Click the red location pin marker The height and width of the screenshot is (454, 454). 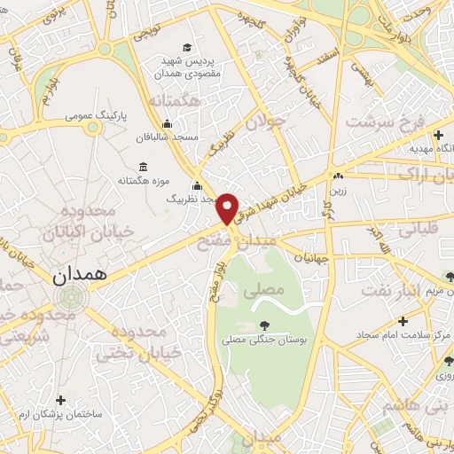(x=229, y=207)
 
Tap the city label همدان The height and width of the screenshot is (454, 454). (x=79, y=276)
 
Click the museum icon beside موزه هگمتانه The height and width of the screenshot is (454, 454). (x=144, y=167)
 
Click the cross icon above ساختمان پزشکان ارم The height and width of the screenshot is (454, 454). (x=60, y=400)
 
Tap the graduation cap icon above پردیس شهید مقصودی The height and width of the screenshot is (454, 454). (x=187, y=48)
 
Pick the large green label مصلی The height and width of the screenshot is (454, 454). (x=269, y=289)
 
